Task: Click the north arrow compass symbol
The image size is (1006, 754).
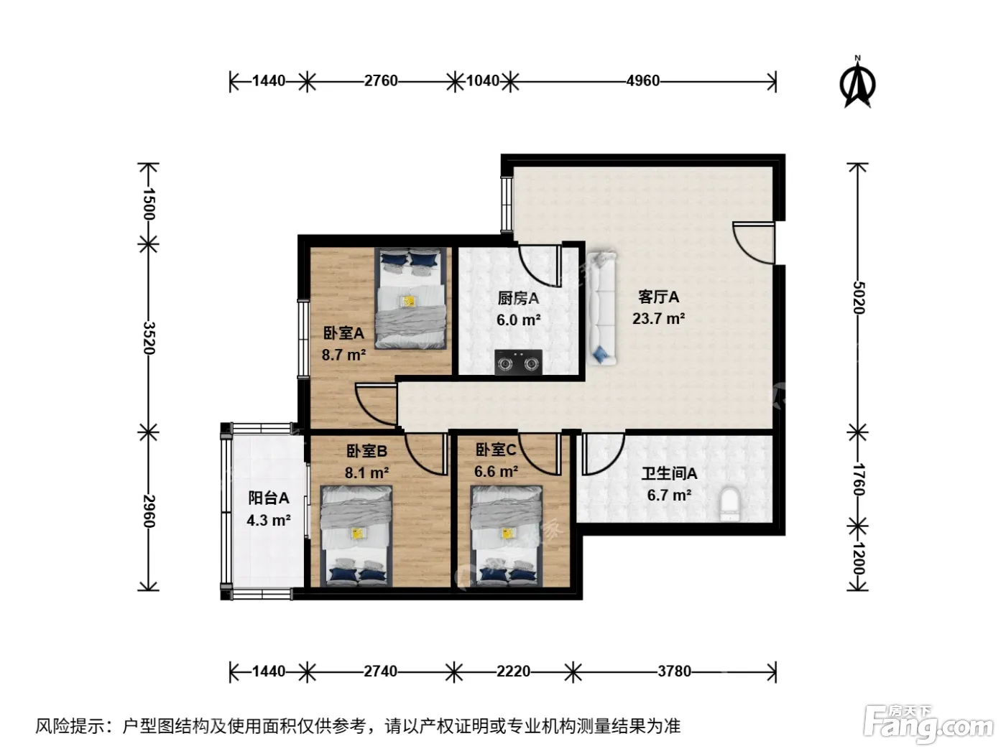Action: click(857, 83)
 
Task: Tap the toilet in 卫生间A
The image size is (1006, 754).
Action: click(729, 504)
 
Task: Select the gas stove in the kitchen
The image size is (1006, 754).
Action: click(518, 362)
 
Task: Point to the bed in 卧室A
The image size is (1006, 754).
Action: click(410, 299)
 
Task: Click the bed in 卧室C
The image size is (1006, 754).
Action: click(507, 536)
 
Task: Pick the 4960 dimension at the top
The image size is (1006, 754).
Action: click(642, 81)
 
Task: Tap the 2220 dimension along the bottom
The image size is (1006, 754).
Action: click(513, 671)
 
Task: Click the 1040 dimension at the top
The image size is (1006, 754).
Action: click(483, 81)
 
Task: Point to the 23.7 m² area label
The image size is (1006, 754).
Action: click(659, 318)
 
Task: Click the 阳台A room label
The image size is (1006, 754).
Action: click(269, 498)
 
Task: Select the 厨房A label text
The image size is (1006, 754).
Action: click(518, 299)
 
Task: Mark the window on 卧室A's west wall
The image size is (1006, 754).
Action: click(303, 338)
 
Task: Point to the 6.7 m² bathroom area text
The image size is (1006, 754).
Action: click(669, 495)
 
